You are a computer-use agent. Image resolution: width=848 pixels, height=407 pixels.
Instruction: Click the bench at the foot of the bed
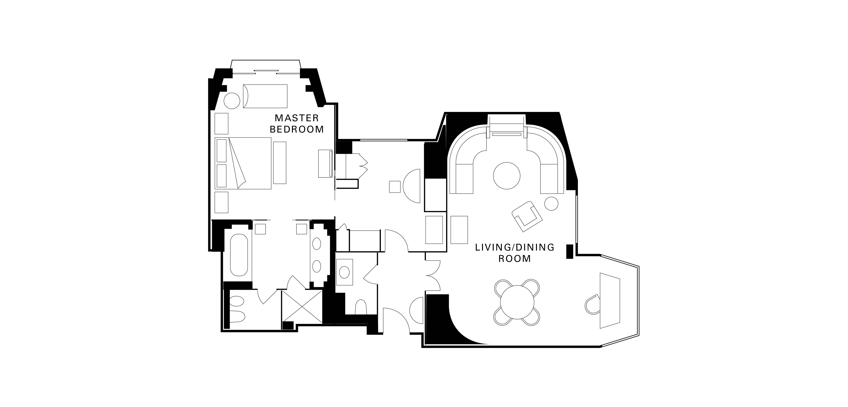coord(280,163)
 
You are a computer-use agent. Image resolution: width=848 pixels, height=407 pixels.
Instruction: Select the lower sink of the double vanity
coord(317,266)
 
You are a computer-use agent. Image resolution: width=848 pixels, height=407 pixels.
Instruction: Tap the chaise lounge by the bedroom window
coord(265,96)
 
